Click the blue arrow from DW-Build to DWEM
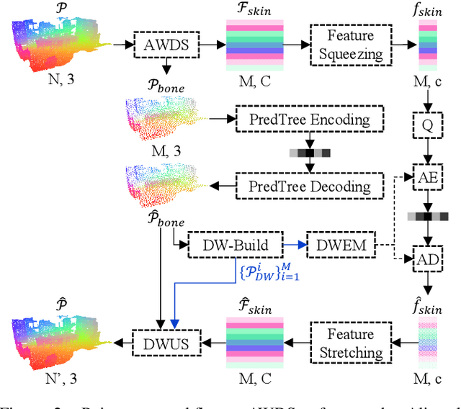(295, 245)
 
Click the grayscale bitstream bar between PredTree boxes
(310, 153)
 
